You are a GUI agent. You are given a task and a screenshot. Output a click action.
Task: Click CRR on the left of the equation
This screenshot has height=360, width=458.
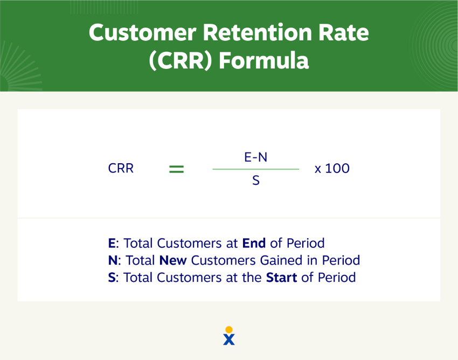pyautogui.click(x=121, y=168)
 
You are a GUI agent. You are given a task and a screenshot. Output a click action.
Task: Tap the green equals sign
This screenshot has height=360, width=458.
pyautogui.click(x=177, y=169)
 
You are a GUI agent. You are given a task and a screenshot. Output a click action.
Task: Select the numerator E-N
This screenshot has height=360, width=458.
pyautogui.click(x=255, y=157)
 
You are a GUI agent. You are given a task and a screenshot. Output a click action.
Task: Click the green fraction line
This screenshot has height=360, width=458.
pyautogui.click(x=255, y=169)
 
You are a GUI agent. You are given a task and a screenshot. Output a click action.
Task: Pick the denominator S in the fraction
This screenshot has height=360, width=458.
pyautogui.click(x=255, y=181)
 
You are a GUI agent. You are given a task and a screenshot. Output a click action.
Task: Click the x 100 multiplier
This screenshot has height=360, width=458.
pyautogui.click(x=332, y=168)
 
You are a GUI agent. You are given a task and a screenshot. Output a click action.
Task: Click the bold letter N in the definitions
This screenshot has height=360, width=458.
pyautogui.click(x=113, y=260)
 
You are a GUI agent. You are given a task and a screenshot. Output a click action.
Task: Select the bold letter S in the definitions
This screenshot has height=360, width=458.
pyautogui.click(x=112, y=278)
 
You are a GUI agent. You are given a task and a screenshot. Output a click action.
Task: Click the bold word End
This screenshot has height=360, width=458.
pyautogui.click(x=254, y=243)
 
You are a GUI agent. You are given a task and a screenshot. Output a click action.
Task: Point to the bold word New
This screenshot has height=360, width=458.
pyautogui.click(x=173, y=260)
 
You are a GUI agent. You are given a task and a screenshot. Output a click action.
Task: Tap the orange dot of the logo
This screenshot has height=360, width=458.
pyautogui.click(x=229, y=329)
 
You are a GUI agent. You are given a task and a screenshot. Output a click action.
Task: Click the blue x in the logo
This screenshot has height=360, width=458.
pyautogui.click(x=229, y=340)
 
